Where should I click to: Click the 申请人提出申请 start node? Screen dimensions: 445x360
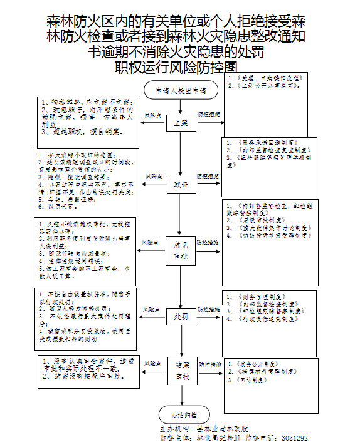(x=180, y=91)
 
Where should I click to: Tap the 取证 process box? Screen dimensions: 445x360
(x=180, y=186)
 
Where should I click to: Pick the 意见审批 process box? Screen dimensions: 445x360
(x=180, y=249)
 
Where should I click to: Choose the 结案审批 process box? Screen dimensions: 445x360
(x=180, y=371)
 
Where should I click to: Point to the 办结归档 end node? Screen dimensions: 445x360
(x=180, y=415)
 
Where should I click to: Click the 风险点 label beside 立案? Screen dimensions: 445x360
(x=152, y=117)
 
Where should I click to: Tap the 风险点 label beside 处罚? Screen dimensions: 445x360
(x=152, y=310)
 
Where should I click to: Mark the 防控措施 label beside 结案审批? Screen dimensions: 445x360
(x=209, y=364)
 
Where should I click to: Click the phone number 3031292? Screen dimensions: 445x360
(x=295, y=438)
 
